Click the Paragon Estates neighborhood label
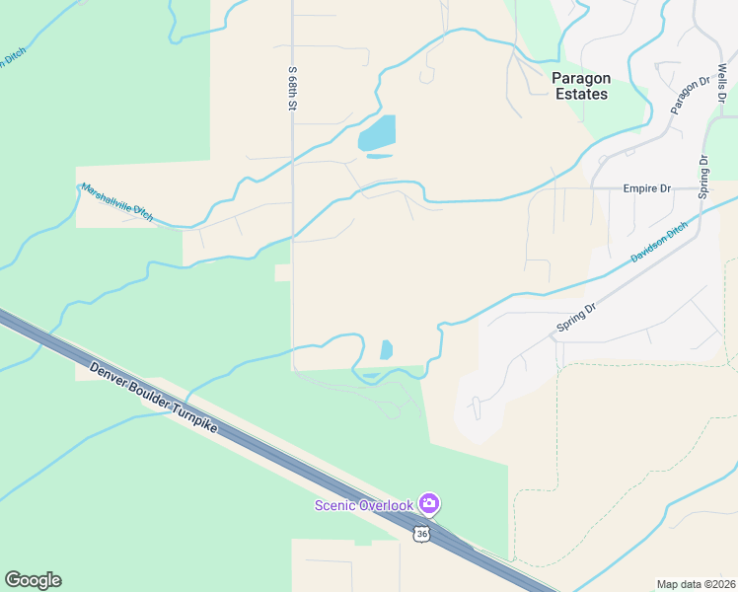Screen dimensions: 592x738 click(x=580, y=86)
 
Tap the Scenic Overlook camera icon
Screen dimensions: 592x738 click(x=429, y=504)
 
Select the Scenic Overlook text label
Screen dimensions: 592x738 click(x=364, y=506)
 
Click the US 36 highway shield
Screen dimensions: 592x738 click(x=421, y=534)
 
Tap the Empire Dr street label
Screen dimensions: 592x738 click(x=646, y=188)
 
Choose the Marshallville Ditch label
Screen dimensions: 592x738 click(x=117, y=202)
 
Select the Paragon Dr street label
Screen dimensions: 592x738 click(x=691, y=94)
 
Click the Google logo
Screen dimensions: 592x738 click(x=33, y=580)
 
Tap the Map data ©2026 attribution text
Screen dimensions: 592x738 click(x=696, y=584)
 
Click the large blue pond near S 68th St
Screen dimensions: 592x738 click(x=377, y=133)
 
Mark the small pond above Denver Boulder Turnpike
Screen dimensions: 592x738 click(x=386, y=349)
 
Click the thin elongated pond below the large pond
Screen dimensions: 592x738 click(x=379, y=156)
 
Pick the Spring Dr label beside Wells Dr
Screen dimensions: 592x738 click(x=703, y=178)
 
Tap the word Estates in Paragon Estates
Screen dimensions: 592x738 click(x=580, y=95)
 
